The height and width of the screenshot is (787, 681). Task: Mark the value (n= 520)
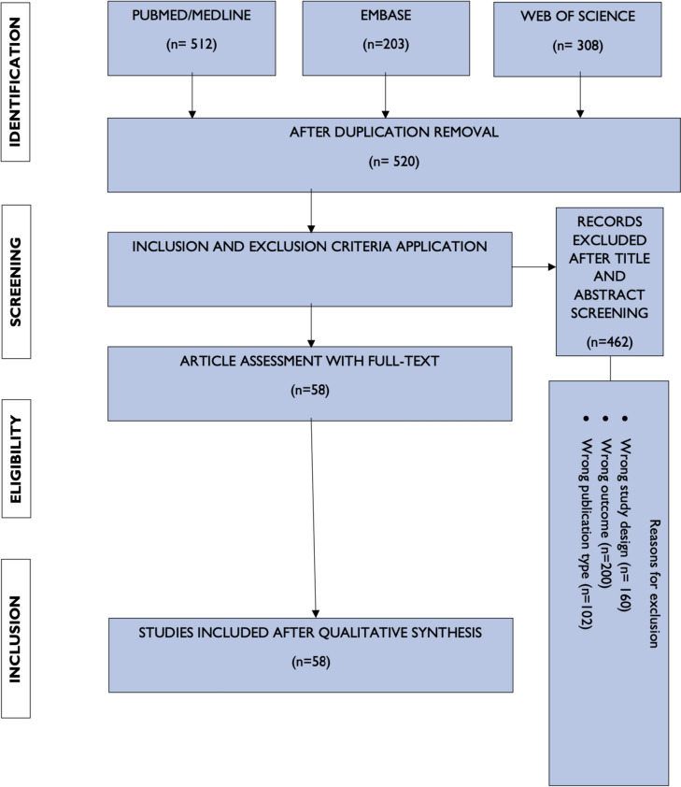386,160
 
